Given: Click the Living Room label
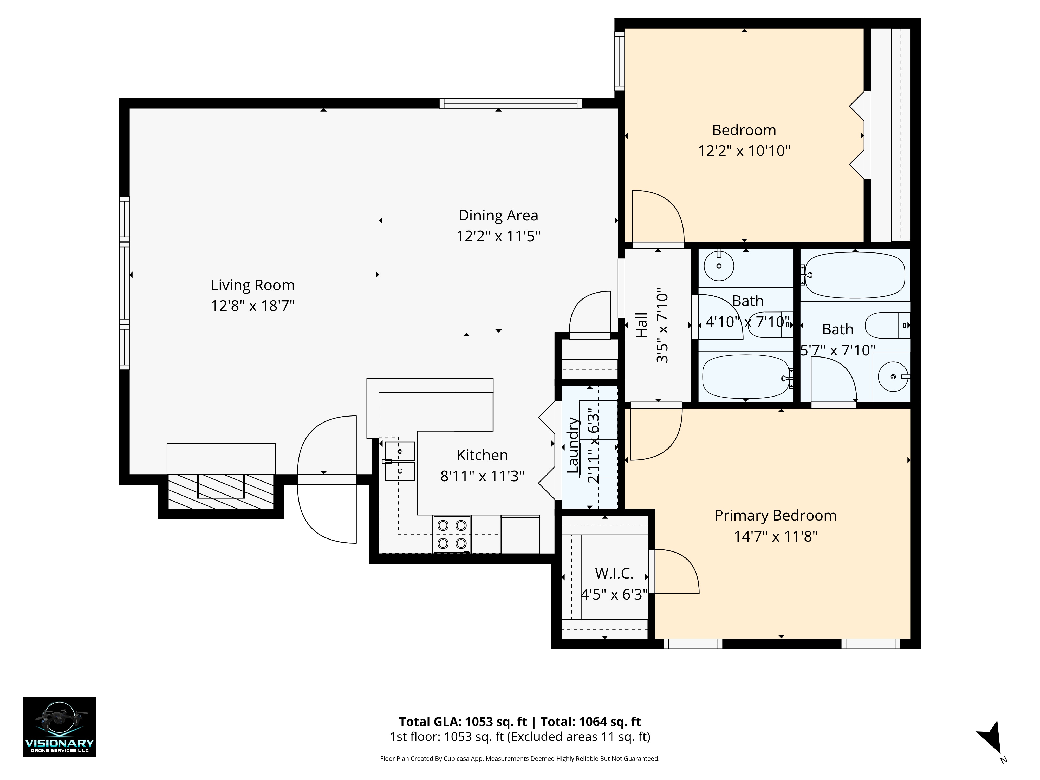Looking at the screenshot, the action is click(252, 285).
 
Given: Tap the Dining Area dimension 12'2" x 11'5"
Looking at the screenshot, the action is click(498, 236).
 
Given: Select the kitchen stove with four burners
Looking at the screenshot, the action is click(452, 534).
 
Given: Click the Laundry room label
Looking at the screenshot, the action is click(573, 445).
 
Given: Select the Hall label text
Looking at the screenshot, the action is click(641, 325).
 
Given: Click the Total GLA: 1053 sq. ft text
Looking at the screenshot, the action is click(463, 722).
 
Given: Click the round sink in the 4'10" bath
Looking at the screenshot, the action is click(719, 266).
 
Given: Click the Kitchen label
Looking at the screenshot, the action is click(482, 455).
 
